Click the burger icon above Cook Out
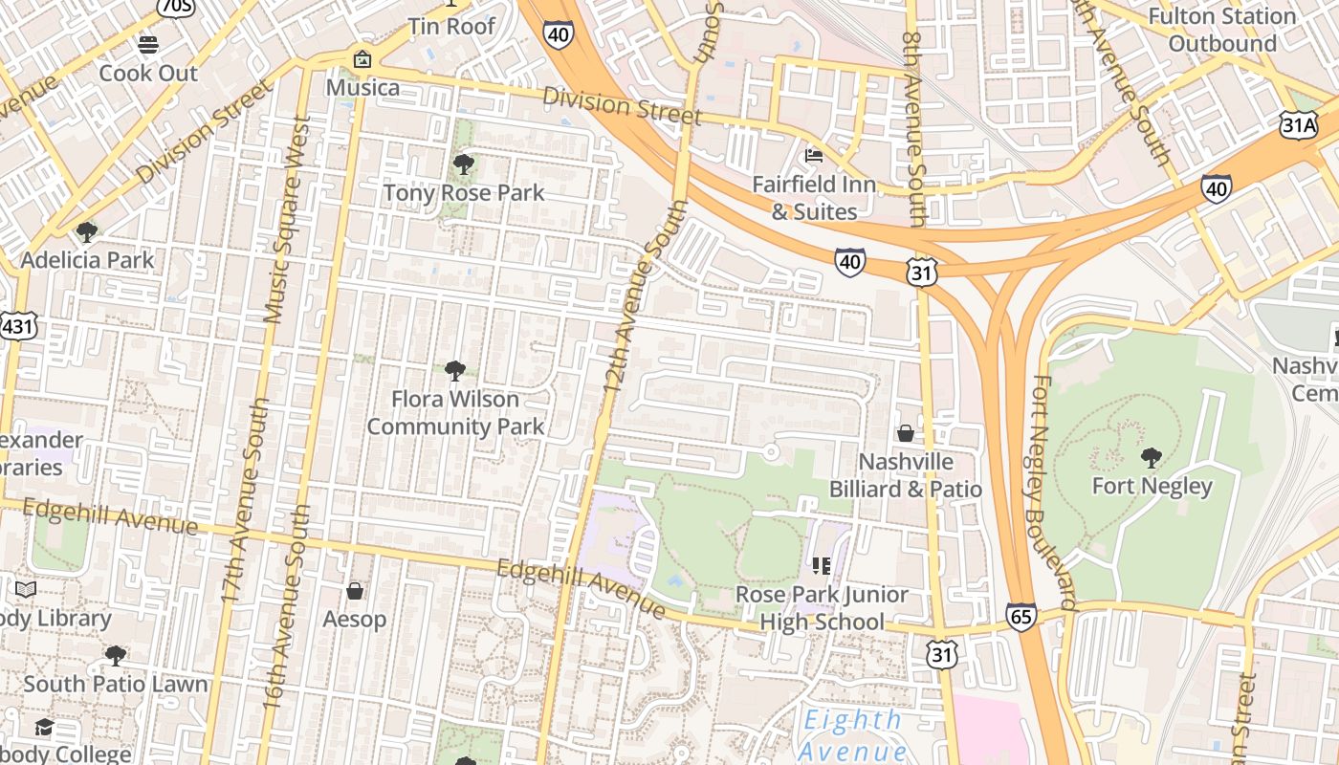[x=147, y=44]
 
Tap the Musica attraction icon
[x=362, y=59]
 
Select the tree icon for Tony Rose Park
[x=464, y=164]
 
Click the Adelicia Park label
[x=87, y=259]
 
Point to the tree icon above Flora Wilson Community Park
[x=455, y=370]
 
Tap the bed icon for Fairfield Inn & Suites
[x=814, y=155]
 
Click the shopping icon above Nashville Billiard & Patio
[x=905, y=433]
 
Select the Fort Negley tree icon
[x=1152, y=457]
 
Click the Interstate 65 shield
[x=1021, y=617]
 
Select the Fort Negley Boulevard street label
[x=1054, y=492]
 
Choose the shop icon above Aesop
[x=355, y=590]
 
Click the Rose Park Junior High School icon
[x=821, y=566]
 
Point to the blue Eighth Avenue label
[x=852, y=733]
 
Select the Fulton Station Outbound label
[x=1221, y=30]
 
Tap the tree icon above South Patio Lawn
[x=116, y=656]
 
